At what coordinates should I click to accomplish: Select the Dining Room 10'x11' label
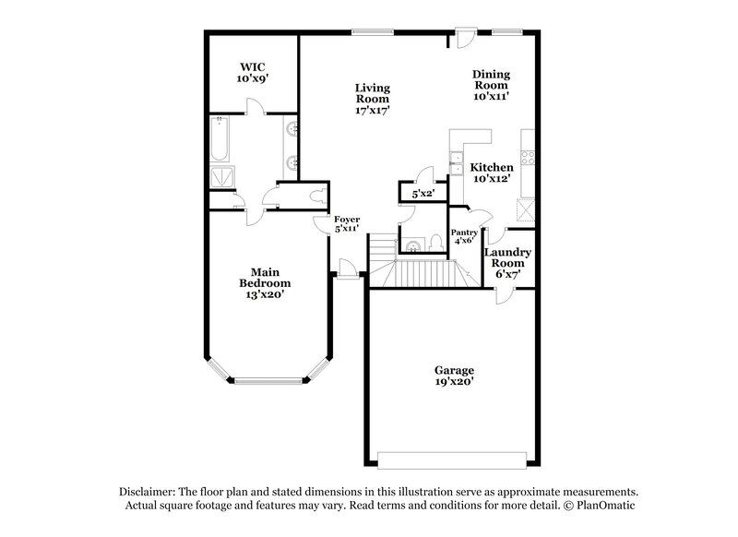click(491, 84)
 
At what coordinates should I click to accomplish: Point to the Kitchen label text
click(491, 173)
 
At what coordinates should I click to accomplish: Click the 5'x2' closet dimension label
click(423, 194)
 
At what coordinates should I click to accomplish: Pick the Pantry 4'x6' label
click(463, 236)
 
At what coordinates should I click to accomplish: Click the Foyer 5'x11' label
click(347, 223)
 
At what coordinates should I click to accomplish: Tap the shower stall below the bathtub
click(221, 177)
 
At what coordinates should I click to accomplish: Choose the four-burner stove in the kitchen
click(528, 156)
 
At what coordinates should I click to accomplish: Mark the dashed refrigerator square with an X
click(527, 210)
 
